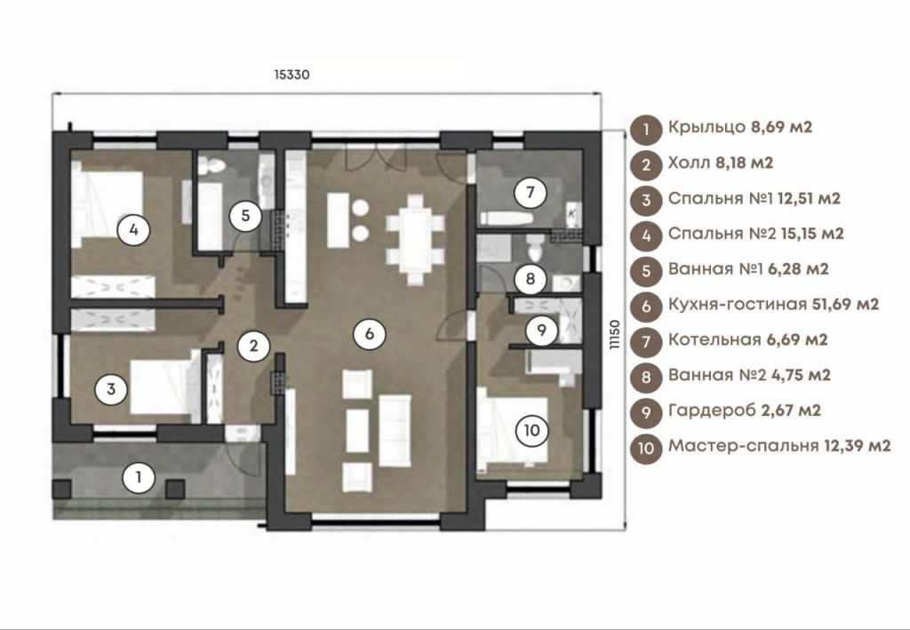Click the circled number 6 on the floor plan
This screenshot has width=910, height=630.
tap(369, 333)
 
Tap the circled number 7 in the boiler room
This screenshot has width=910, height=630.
tap(530, 192)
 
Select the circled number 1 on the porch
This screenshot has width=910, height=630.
tap(139, 478)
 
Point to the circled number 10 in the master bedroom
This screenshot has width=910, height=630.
tap(531, 430)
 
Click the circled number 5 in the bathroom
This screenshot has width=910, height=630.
tap(245, 216)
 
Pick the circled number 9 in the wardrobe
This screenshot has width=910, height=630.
tap(541, 330)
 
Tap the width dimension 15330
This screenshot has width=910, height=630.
tap(291, 75)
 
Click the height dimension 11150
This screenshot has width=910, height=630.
tap(615, 334)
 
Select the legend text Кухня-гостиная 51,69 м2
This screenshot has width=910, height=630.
tap(774, 304)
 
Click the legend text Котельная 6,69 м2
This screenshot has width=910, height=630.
tap(747, 339)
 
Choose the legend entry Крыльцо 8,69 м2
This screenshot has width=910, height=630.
tap(740, 127)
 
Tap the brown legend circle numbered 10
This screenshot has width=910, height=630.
tap(646, 448)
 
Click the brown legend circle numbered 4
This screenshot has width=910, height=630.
tap(646, 235)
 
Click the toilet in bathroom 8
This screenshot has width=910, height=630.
tap(533, 248)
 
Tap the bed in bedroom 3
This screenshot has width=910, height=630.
tap(161, 387)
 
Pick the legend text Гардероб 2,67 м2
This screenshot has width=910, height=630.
tap(745, 411)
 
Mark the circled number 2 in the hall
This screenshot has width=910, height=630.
tap(254, 346)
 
